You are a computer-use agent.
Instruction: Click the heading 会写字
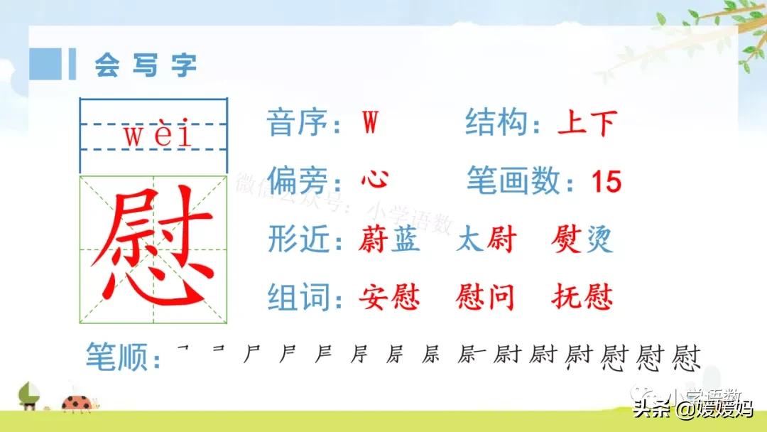point(146,65)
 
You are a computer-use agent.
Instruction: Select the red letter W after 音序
point(369,124)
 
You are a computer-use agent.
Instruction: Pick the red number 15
point(606,183)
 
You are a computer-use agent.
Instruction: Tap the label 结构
point(496,124)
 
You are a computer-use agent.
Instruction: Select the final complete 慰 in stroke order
point(686,357)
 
